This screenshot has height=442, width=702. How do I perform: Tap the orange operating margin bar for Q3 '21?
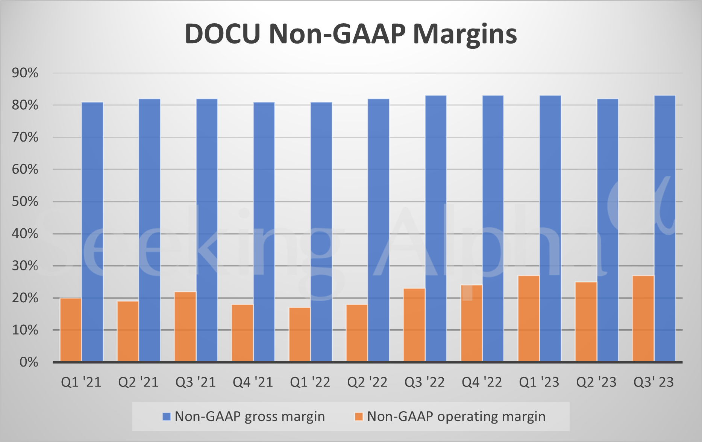pos(185,327)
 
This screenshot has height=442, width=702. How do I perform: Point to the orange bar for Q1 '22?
pos(300,335)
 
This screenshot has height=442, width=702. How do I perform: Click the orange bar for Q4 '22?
pos(472,323)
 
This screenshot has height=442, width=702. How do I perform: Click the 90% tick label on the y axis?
pos(25,73)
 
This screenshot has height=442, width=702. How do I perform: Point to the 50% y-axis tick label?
pos(25,202)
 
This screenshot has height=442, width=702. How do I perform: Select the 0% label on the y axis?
pos(29,362)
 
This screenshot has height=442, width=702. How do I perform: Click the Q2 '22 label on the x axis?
pos(367,382)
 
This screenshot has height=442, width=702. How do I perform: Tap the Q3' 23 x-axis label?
pos(653,382)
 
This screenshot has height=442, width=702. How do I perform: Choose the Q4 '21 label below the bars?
pos(253,382)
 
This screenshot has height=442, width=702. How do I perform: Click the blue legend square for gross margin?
pos(166,416)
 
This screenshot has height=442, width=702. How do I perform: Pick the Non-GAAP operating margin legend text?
pos(456,416)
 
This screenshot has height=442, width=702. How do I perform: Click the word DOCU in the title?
pos(223,34)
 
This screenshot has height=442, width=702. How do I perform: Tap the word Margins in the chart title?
pos(465,34)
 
